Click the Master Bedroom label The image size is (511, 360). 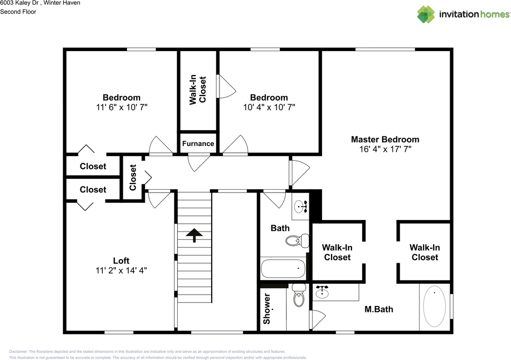[x=385, y=139]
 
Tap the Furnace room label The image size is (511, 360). [x=198, y=144]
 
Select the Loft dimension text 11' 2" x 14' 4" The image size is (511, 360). [x=121, y=271]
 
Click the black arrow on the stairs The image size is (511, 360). [x=194, y=235]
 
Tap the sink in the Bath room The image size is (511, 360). [x=300, y=207]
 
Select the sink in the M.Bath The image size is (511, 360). [x=322, y=293]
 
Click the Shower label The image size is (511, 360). [x=267, y=309]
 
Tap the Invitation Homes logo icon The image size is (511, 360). [x=426, y=14]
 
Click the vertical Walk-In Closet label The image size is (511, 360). [x=198, y=90]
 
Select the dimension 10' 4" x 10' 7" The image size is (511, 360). [x=269, y=107]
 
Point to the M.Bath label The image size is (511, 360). [x=379, y=309]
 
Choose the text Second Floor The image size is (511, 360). [x=18, y=12]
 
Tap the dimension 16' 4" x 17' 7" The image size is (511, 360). [x=385, y=149]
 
